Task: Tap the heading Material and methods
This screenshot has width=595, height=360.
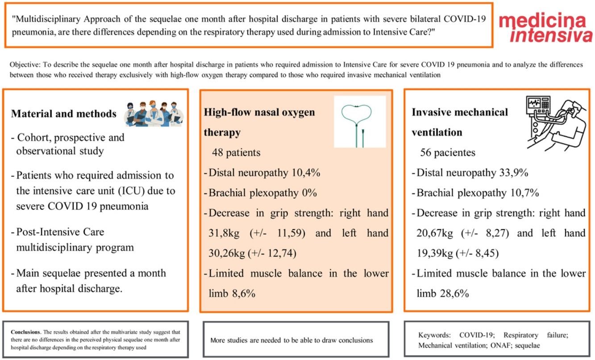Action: click(64, 114)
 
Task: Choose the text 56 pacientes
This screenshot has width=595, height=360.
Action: click(448, 153)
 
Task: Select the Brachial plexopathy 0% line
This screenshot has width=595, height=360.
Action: click(260, 193)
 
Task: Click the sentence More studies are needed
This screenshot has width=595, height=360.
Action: click(291, 340)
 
